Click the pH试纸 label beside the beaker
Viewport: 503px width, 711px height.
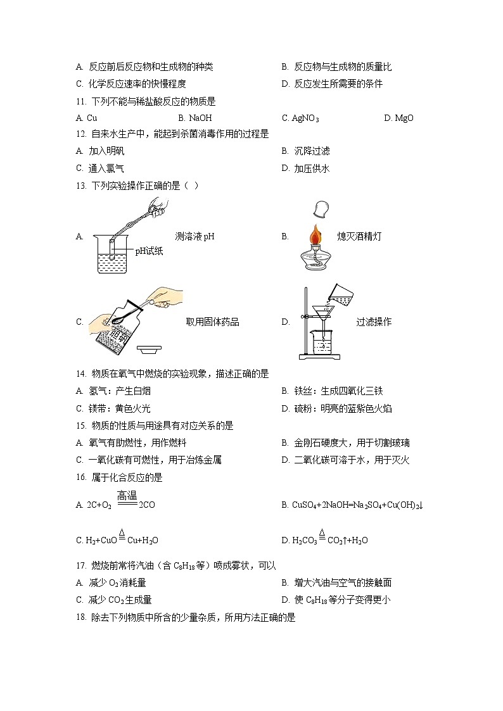tap(149, 251)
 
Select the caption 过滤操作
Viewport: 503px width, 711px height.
tap(374, 322)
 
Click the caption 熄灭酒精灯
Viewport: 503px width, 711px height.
tap(359, 236)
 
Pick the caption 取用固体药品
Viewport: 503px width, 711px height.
tap(212, 322)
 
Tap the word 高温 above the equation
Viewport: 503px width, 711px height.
tap(127, 496)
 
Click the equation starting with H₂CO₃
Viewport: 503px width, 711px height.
tap(329, 540)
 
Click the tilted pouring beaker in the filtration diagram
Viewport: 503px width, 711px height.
tap(341, 293)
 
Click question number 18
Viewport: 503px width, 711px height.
tap(80, 617)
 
